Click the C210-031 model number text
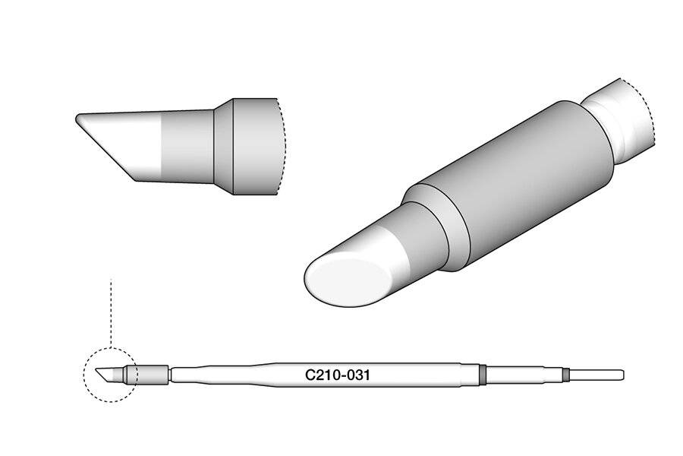(337, 375)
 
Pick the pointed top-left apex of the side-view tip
(78, 118)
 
